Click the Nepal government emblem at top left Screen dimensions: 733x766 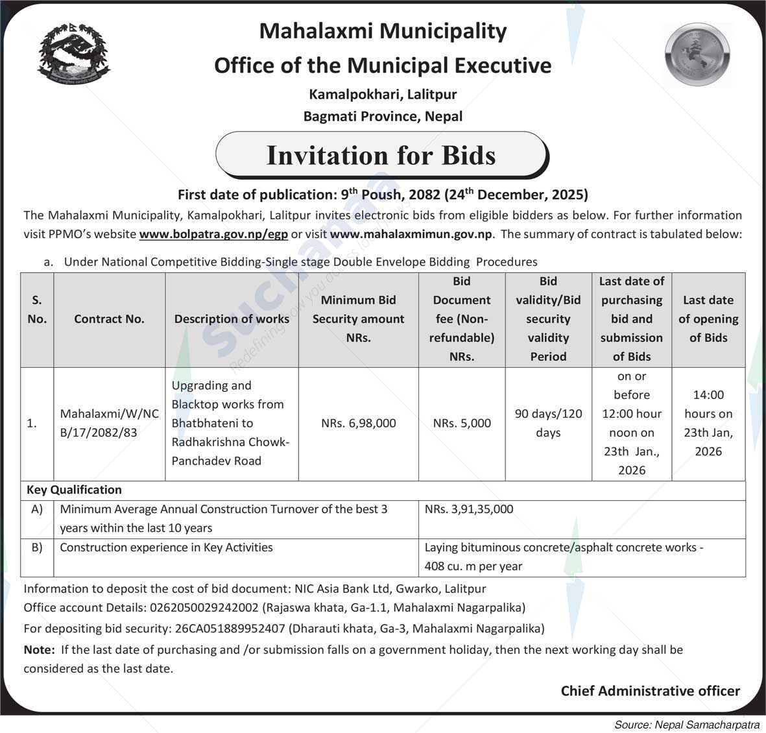click(74, 56)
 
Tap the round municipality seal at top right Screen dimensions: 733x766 click(698, 55)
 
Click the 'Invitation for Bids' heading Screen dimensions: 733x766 click(381, 156)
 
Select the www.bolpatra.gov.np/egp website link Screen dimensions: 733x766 click(213, 234)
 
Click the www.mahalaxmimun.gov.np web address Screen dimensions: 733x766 click(412, 234)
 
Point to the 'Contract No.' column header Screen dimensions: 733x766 click(109, 319)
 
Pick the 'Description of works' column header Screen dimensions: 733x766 click(232, 319)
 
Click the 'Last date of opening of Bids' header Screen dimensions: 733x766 click(708, 319)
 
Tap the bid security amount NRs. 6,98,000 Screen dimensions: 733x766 click(358, 423)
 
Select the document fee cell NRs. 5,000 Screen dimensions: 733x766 click(462, 423)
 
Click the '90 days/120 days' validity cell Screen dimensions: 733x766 click(548, 423)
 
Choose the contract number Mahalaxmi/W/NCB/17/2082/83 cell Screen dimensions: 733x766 click(109, 423)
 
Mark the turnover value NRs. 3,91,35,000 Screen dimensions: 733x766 click(469, 509)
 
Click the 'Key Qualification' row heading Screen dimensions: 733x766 click(74, 490)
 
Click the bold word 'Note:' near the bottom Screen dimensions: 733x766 click(39, 649)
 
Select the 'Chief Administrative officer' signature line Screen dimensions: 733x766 click(650, 691)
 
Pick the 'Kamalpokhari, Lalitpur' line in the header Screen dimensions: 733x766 click(383, 94)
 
